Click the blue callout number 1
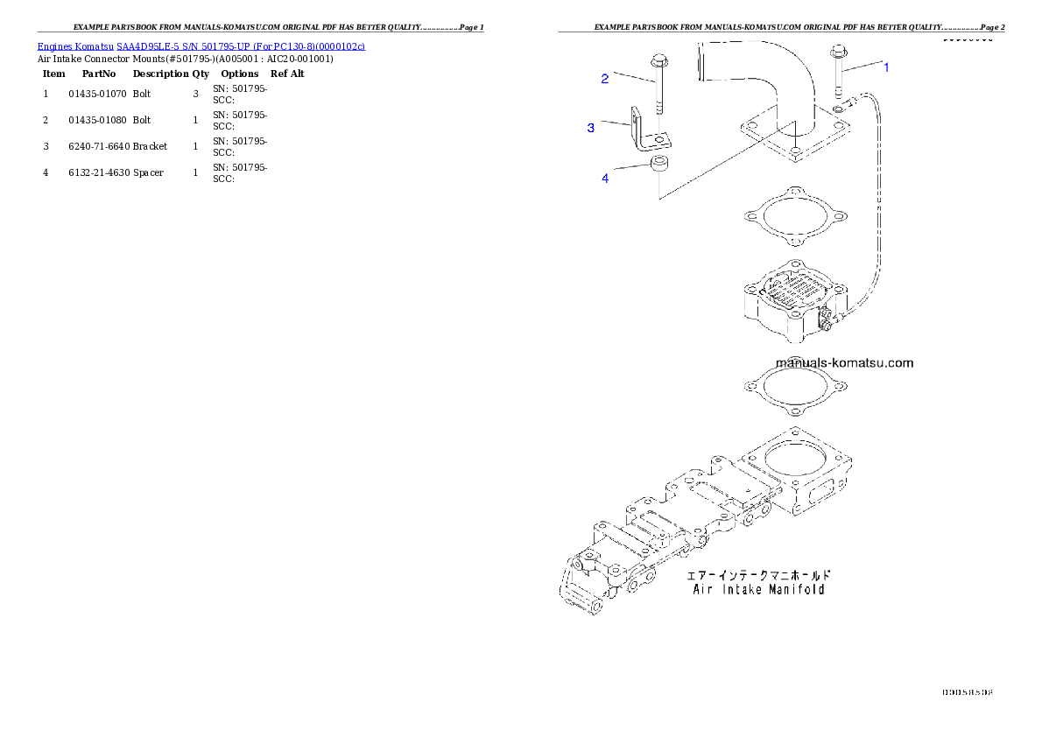click(x=886, y=67)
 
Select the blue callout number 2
click(x=604, y=79)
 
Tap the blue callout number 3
click(x=591, y=128)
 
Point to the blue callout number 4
click(x=604, y=179)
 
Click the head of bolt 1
click(x=836, y=50)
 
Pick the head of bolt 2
click(x=658, y=60)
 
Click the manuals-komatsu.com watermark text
click(x=844, y=362)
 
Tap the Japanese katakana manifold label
click(x=758, y=575)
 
